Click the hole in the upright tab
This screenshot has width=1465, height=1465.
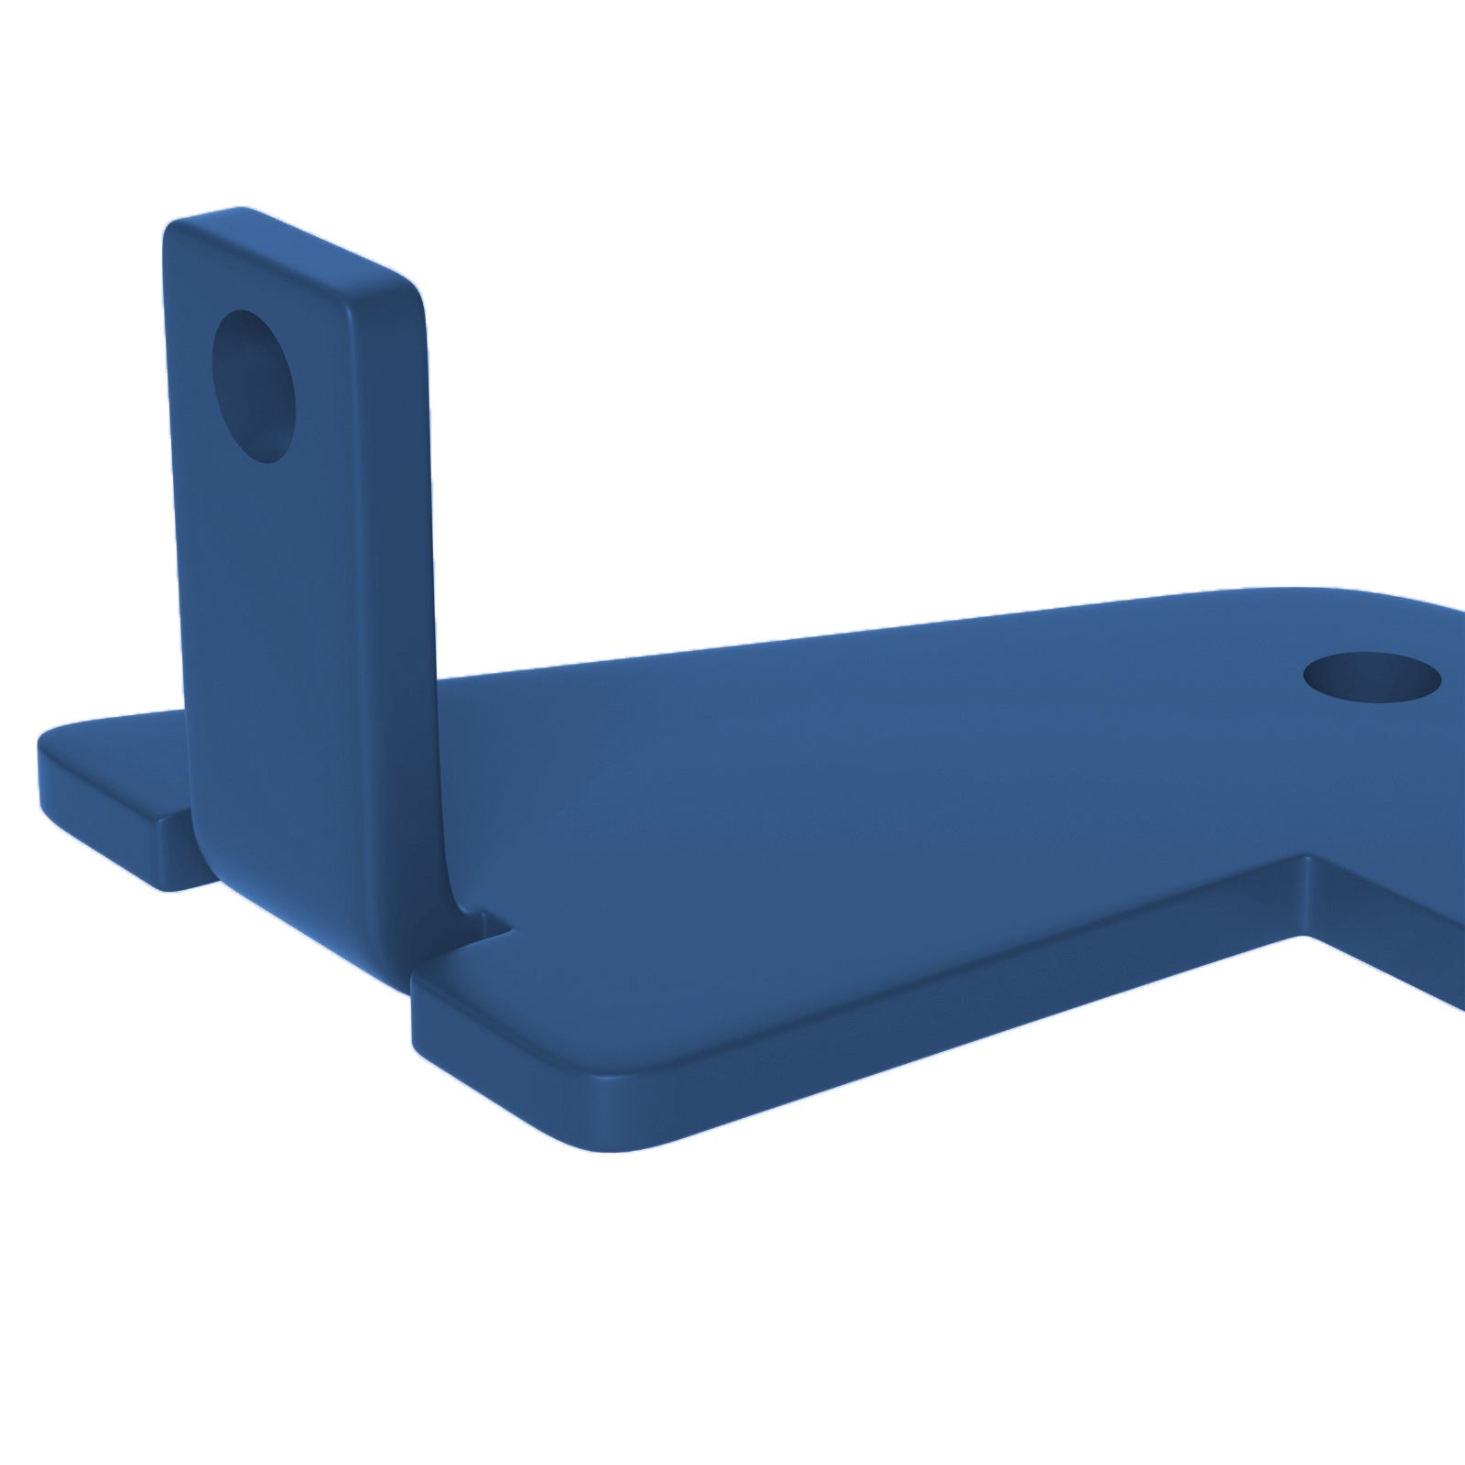pos(255,385)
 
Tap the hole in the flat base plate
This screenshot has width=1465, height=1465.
pos(1372,678)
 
